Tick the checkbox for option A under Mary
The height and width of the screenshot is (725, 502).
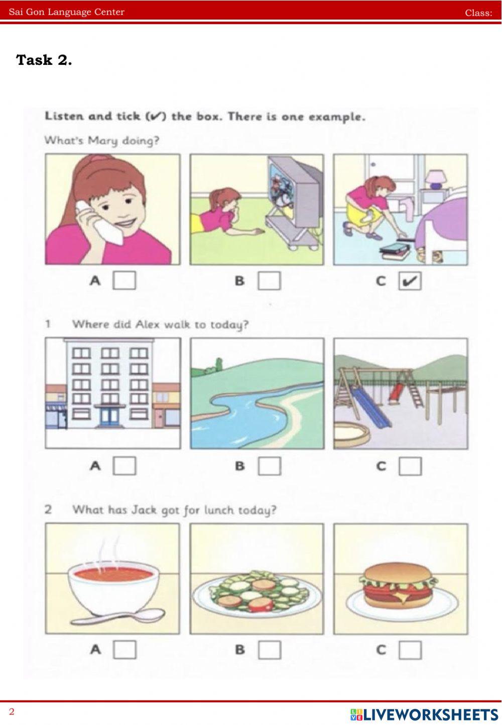pos(124,280)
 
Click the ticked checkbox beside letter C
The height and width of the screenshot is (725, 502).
pos(410,281)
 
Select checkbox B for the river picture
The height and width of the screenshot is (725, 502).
pos(269,466)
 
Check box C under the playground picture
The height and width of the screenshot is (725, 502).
pos(410,466)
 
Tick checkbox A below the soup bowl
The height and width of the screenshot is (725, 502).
pos(124,650)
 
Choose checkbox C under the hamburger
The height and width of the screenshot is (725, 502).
pos(410,650)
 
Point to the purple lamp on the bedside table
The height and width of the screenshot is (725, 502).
pos(435,180)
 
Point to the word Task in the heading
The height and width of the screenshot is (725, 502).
pos(34,60)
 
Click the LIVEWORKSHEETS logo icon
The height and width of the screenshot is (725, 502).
pos(356,714)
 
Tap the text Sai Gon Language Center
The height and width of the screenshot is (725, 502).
pos(67,12)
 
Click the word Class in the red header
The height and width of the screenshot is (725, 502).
pos(478,13)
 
